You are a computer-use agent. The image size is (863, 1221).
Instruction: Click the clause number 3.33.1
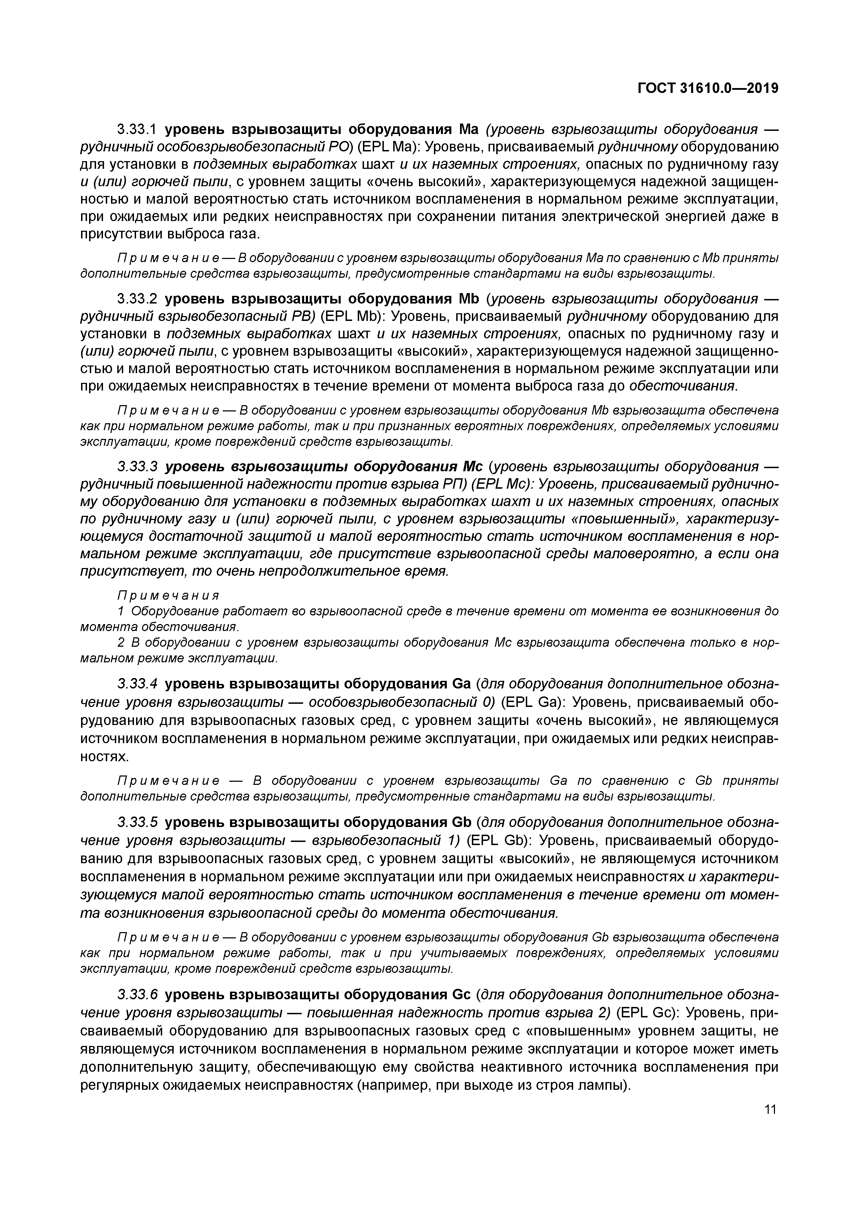coord(138,129)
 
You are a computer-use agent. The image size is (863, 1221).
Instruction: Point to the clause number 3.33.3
coord(138,467)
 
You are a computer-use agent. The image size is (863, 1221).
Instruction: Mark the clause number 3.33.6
coord(138,995)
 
